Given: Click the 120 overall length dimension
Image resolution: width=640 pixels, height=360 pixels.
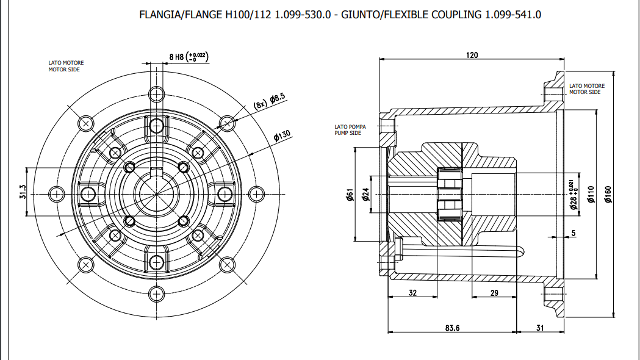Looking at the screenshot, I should point(472,55).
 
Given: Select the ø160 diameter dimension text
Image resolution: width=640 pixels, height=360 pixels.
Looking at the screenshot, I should point(608,194).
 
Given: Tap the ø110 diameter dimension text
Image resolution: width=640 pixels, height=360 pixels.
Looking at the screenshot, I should point(591,195).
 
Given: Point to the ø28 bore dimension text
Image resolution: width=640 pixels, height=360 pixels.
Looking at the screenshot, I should point(573,195).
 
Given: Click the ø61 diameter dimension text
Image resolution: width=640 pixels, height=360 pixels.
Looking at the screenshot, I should point(350,195).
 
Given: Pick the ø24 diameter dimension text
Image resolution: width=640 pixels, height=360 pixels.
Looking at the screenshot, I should point(365,195).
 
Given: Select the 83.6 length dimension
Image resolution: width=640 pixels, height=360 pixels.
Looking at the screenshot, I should point(452,328).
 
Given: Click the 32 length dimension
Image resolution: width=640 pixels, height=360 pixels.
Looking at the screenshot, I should point(412,293).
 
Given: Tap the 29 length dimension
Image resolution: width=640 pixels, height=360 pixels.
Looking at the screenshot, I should point(494,293).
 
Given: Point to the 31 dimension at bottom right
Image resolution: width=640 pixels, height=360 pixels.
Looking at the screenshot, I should point(540,328).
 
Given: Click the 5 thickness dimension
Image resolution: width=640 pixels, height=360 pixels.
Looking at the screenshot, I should point(573,232).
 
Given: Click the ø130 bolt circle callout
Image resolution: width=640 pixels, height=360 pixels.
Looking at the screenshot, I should point(281,135).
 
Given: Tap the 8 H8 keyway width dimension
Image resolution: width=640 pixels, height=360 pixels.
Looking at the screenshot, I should point(189,57).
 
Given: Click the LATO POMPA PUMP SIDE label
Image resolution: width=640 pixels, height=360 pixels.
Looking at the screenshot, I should point(350,129).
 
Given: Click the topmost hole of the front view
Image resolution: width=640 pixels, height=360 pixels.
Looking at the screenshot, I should point(157,94).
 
